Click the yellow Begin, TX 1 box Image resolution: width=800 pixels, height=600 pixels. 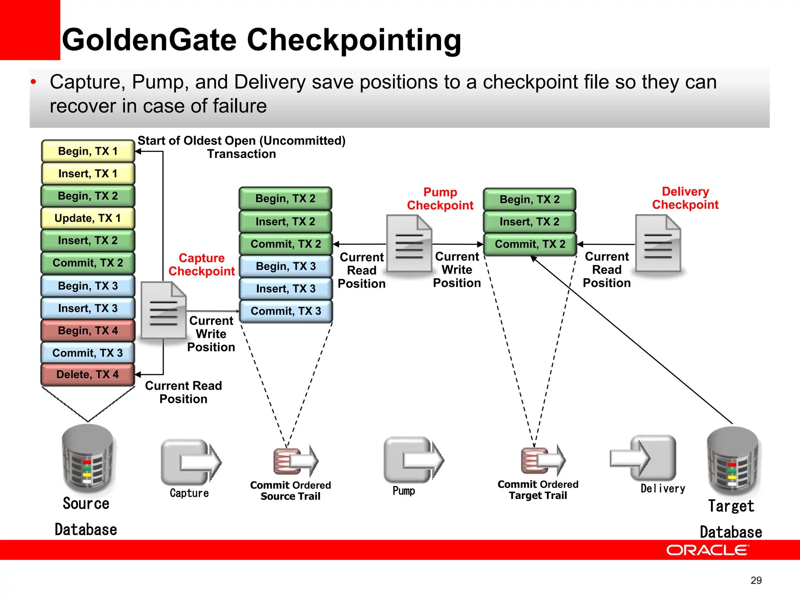tap(87, 151)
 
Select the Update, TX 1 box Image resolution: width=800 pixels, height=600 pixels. tap(87, 218)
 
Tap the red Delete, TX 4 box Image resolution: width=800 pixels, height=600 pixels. tap(87, 374)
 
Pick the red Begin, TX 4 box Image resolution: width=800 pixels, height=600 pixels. tap(87, 330)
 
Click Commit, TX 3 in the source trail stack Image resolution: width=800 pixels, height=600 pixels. tap(286, 311)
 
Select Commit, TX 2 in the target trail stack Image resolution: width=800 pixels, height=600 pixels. tap(530, 244)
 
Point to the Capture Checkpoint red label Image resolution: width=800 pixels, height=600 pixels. tap(202, 264)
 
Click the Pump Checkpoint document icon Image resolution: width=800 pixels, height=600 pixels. tap(409, 244)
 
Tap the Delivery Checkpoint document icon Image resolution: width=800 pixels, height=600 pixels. tap(658, 244)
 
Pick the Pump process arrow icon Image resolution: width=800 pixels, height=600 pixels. tap(413, 459)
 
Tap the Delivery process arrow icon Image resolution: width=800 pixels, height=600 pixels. tap(644, 458)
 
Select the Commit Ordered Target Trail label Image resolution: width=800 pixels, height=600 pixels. tap(538, 490)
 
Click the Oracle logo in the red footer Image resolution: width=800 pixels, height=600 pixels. tap(707, 550)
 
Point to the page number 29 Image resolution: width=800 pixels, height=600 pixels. tap(756, 580)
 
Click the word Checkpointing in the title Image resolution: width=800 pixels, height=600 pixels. tap(354, 40)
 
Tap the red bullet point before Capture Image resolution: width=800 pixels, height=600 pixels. tap(34, 82)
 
